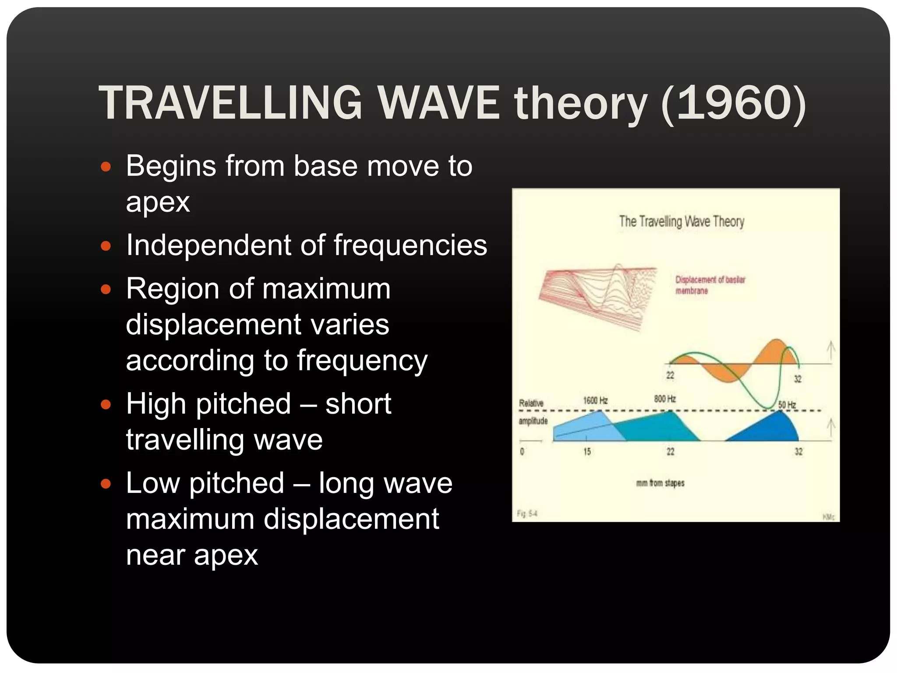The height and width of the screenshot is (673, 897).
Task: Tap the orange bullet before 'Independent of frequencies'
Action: point(106,246)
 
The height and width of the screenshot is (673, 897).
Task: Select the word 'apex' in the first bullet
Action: point(158,203)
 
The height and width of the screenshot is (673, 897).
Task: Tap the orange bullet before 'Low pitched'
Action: point(106,484)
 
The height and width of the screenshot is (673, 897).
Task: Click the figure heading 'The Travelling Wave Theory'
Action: point(682,221)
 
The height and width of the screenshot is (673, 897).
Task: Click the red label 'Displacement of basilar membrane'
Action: point(710,285)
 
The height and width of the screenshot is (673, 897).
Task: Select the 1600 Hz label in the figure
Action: point(595,400)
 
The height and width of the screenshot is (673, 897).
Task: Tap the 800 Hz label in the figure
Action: point(665,399)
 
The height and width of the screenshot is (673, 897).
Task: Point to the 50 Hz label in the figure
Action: point(787,405)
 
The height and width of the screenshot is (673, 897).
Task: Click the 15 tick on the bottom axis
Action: point(587,451)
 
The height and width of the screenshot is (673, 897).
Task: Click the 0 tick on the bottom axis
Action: point(522,451)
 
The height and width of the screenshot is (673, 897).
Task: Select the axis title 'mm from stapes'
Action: point(660,483)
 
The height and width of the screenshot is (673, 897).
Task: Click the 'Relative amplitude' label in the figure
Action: point(533,411)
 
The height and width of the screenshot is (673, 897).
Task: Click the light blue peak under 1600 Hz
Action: point(587,427)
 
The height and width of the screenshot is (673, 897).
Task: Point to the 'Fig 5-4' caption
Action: point(527,514)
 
